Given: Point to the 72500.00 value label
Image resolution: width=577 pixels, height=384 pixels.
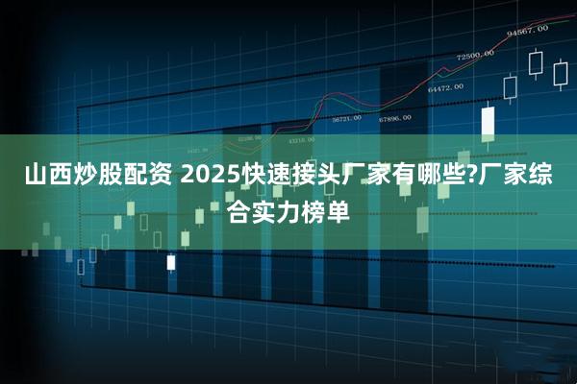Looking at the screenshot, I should pyautogui.click(x=475, y=55).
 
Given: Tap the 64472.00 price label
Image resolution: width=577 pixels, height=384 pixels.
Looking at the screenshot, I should pyautogui.click(x=445, y=87).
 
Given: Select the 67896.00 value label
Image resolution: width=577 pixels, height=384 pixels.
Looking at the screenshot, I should pyautogui.click(x=394, y=118).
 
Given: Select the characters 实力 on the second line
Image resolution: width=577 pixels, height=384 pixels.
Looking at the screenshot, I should pyautogui.click(x=283, y=207).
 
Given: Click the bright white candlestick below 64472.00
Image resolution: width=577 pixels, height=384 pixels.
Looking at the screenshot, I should pyautogui.click(x=488, y=123).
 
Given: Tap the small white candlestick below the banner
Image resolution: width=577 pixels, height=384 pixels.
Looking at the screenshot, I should pyautogui.click(x=171, y=261).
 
